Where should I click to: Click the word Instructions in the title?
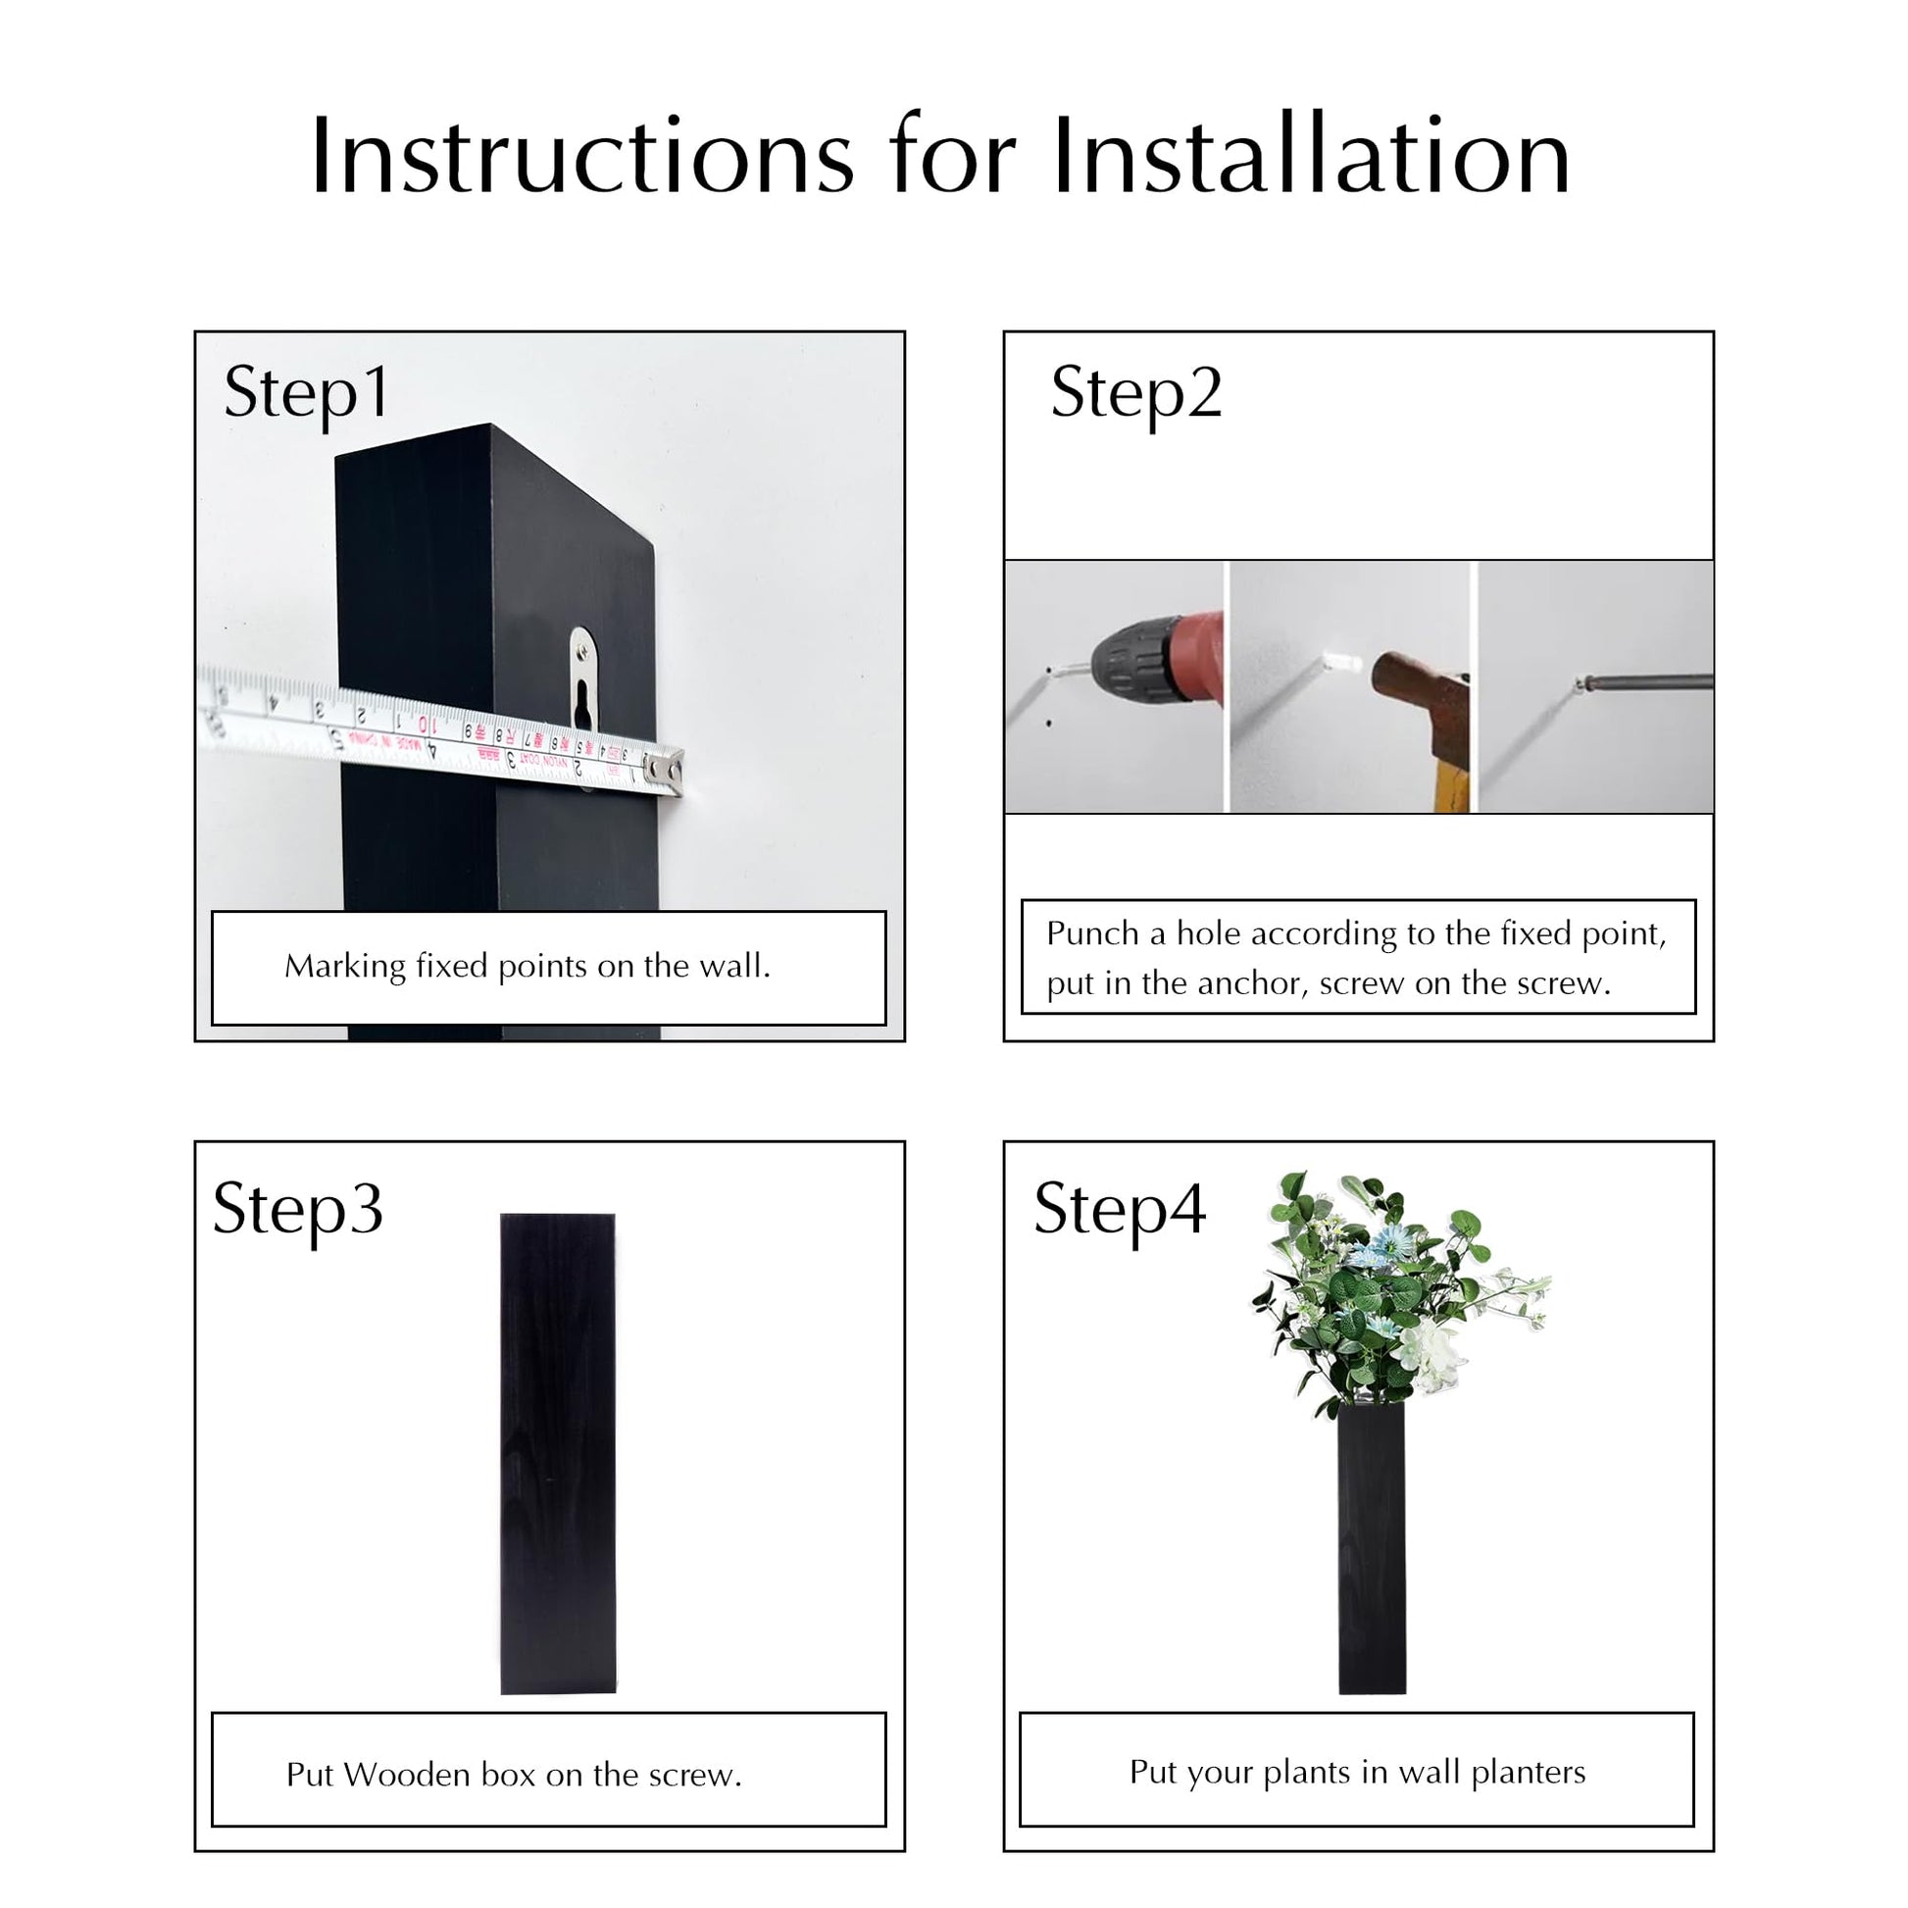[581, 157]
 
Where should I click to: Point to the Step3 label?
[297, 1212]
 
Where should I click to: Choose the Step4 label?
[1120, 1212]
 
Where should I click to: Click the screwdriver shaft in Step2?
[1647, 680]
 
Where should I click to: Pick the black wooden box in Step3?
[558, 1453]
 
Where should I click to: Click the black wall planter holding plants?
[1372, 1548]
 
